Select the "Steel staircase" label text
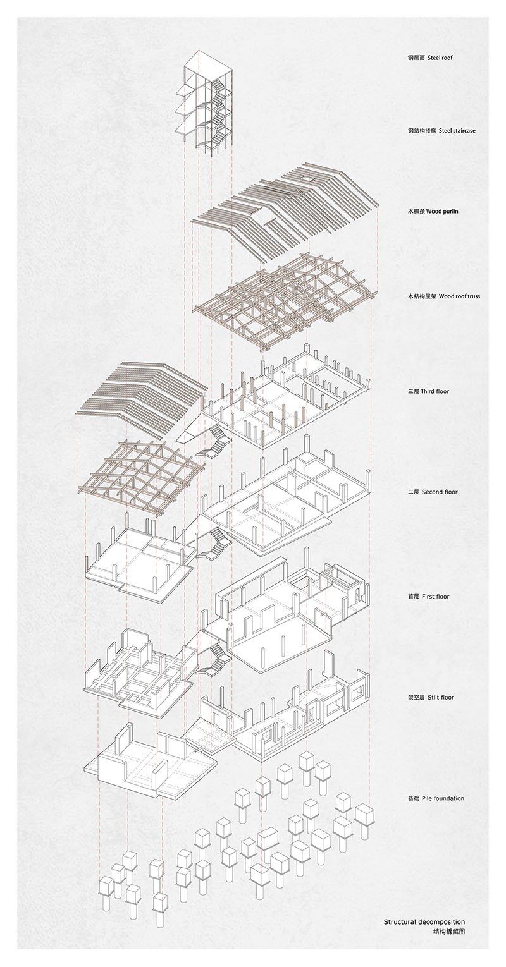pos(452,131)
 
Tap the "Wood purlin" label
pos(442,211)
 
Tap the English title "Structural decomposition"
pos(424,922)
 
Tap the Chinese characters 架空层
pos(417,698)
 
